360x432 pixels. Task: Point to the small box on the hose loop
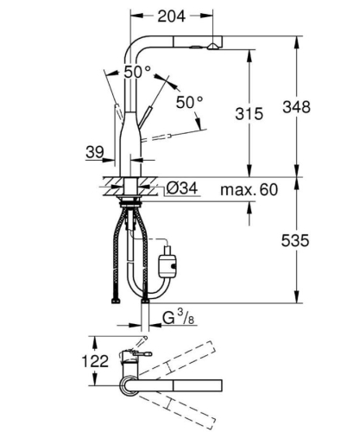point(168,256)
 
